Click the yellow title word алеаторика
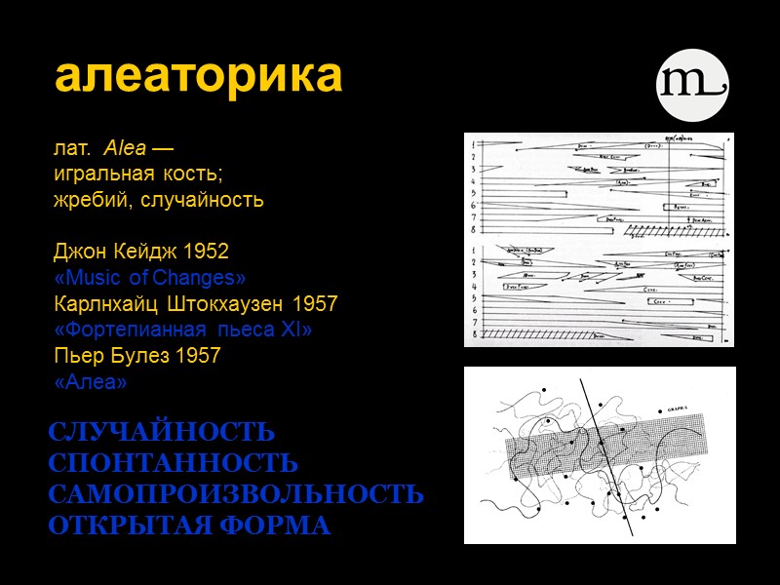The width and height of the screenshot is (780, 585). coord(199,77)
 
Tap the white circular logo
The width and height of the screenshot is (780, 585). coord(691,84)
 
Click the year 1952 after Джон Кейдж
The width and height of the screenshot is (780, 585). coord(206,252)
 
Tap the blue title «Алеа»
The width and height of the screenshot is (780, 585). coord(91,382)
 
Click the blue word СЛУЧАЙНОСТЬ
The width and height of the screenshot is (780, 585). coord(161,432)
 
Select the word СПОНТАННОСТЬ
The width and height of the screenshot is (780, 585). coord(173,463)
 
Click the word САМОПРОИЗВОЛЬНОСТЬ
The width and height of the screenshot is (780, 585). coord(236,494)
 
